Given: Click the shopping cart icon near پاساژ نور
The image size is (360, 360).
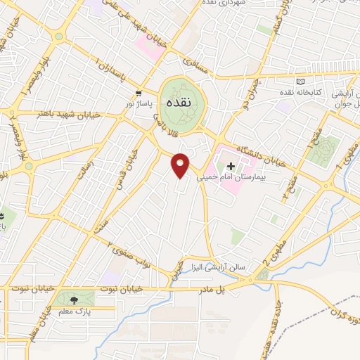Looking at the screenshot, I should pyautogui.click(x=139, y=92).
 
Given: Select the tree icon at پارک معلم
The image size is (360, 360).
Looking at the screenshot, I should pyautogui.click(x=75, y=300).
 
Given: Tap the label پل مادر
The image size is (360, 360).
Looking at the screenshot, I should pyautogui.click(x=212, y=288).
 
